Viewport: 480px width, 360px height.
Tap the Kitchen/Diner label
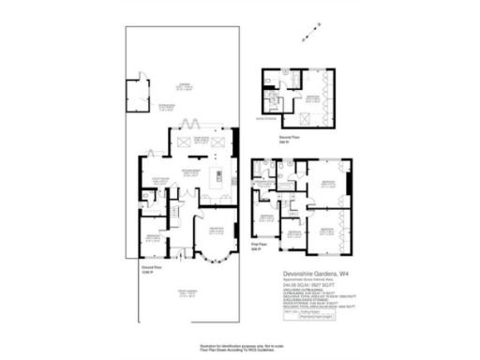coord(190,172)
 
